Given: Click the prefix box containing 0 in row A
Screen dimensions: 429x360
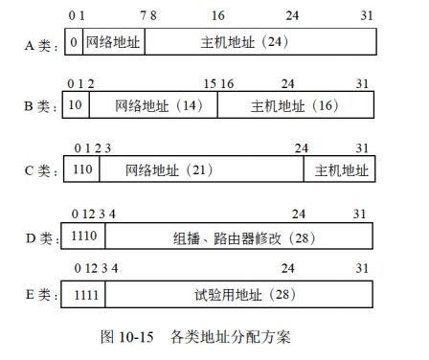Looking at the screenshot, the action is pos(73,42).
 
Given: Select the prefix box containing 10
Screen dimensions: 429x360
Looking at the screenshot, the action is pos(77,105).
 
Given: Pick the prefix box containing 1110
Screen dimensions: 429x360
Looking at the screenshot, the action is pos(85,236).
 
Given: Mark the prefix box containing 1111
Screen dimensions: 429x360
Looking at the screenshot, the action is pos(85,294).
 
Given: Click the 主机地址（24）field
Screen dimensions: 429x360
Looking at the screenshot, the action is pos(259,42).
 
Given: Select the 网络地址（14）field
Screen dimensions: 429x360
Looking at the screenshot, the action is pos(153,105).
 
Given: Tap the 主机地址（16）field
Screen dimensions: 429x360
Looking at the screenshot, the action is pos(295,105).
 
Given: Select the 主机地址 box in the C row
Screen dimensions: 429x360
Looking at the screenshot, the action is pos(340,169).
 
